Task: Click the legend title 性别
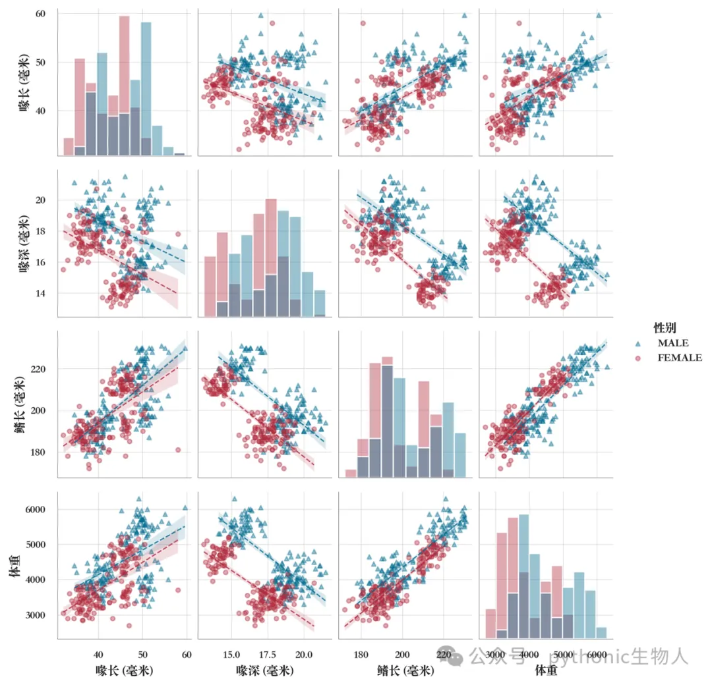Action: tap(665, 327)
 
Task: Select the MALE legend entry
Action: tap(673, 343)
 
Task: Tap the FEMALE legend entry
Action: tap(680, 358)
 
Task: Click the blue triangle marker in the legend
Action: tap(638, 344)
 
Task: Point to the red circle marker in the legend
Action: tap(638, 358)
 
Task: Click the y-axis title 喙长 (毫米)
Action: tap(24, 82)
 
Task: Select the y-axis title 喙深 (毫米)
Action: tap(24, 243)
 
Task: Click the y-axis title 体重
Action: tap(15, 565)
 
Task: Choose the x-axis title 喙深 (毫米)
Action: tap(265, 671)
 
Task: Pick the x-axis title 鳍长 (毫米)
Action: tap(405, 671)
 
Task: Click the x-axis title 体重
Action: tap(546, 670)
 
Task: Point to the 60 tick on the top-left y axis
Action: tap(40, 14)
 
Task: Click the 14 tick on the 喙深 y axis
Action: tap(40, 293)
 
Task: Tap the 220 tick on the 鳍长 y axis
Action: tap(38, 370)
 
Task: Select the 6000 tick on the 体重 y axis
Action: tap(35, 509)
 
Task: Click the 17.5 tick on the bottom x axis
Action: tap(268, 655)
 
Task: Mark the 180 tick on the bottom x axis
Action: tap(361, 655)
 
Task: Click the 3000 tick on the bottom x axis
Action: tap(495, 655)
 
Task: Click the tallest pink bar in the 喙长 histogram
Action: tap(125, 86)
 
